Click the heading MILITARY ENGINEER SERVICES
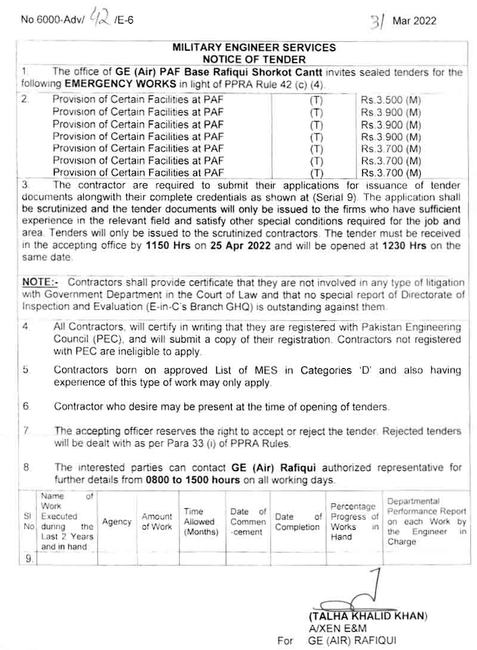tap(254, 47)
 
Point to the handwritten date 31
tap(376, 21)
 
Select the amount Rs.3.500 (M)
tap(391, 100)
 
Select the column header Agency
tap(117, 521)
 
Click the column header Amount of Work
tap(157, 521)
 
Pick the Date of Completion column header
tap(298, 521)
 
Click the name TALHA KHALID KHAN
tap(367, 615)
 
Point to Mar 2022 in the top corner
tap(414, 21)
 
